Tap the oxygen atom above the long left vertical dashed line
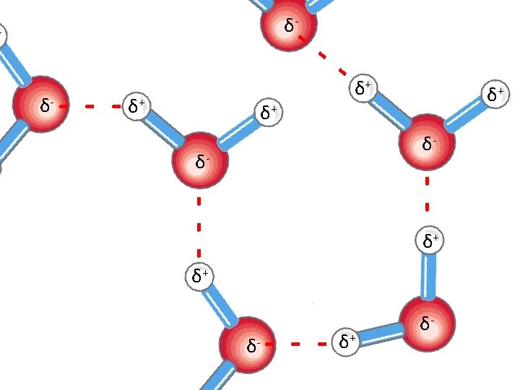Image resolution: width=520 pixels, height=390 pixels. pyautogui.click(x=200, y=160)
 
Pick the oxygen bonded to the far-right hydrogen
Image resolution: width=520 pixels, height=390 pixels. pyautogui.click(x=428, y=142)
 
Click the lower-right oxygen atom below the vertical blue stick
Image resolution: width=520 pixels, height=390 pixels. pyautogui.click(x=427, y=323)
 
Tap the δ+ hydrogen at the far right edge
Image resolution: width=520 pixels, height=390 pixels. pyautogui.click(x=495, y=93)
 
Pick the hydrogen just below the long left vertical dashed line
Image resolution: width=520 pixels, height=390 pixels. pyautogui.click(x=200, y=275)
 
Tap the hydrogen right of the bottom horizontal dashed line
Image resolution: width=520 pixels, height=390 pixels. pyautogui.click(x=347, y=340)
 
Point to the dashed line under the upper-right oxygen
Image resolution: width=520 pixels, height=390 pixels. pyautogui.click(x=427, y=193)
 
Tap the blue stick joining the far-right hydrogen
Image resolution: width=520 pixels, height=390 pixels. pyautogui.click(x=464, y=116)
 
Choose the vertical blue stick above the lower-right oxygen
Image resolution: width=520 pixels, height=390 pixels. pyautogui.click(x=429, y=274)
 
